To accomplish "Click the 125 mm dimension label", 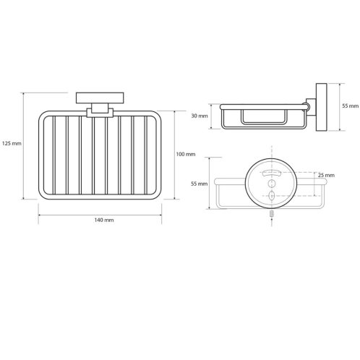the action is [12, 144].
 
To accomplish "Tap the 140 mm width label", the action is [104, 220].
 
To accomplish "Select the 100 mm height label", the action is [186, 154].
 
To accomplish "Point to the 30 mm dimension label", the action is [200, 116].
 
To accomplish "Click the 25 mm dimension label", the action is [326, 175].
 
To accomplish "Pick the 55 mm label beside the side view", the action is [351, 106].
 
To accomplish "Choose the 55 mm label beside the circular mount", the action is [200, 184].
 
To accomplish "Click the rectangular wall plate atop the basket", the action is [100, 98].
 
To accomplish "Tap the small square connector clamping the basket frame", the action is [100, 111].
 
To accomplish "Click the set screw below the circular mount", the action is [272, 214].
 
